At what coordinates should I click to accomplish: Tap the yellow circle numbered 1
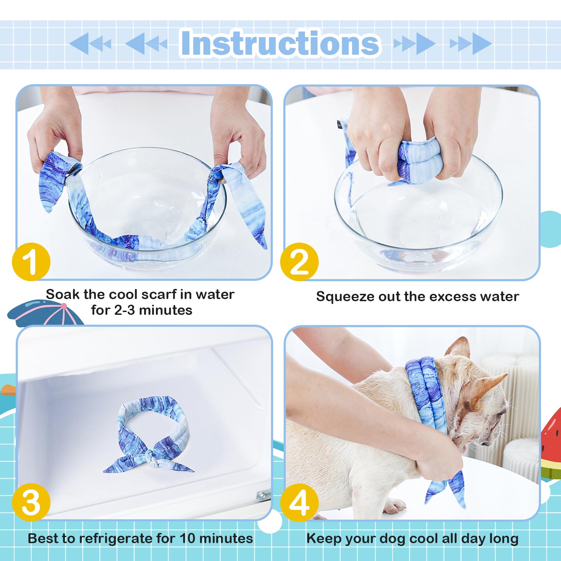tap(31, 262)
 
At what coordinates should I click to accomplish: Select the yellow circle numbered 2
tap(299, 262)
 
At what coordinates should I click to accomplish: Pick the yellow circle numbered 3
tap(31, 502)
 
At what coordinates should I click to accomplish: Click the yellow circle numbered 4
tap(299, 502)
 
